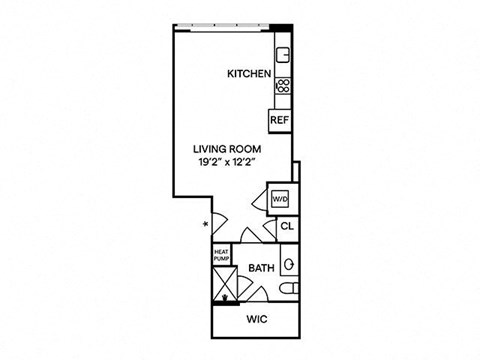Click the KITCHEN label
(x=249, y=74)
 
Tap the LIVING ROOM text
(x=227, y=149)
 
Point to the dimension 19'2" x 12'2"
(x=227, y=162)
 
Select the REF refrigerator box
(x=280, y=121)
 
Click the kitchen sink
(x=283, y=55)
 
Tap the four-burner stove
(x=283, y=86)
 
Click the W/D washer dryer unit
(x=280, y=200)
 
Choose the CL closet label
(x=287, y=227)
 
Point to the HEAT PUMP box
(x=221, y=255)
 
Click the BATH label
(x=262, y=268)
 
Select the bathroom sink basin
(x=289, y=264)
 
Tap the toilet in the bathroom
(x=289, y=288)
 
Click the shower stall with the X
(x=225, y=284)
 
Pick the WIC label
(x=257, y=319)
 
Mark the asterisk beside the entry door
(x=206, y=224)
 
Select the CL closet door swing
(x=271, y=229)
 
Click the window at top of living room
(x=222, y=27)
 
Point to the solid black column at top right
(x=281, y=28)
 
